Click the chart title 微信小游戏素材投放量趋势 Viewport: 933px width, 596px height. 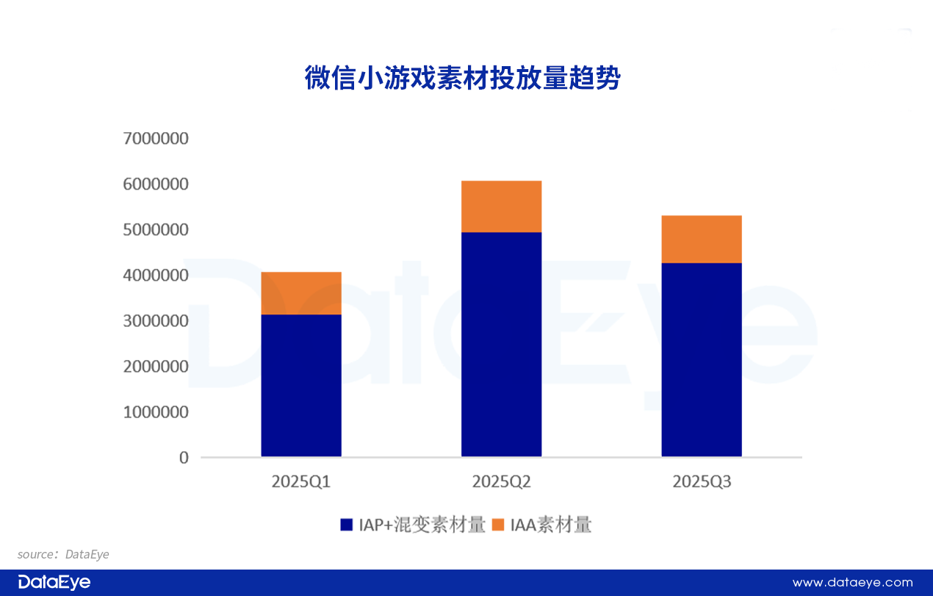coord(462,78)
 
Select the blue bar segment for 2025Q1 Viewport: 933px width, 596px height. coord(301,385)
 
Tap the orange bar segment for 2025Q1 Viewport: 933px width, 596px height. coord(301,293)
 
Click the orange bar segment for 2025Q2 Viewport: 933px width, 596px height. coord(501,207)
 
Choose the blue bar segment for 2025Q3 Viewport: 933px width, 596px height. coord(702,359)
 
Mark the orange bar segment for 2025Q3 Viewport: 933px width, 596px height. coord(702,239)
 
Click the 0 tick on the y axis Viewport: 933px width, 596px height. coord(184,458)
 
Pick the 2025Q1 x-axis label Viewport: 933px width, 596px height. coord(301,482)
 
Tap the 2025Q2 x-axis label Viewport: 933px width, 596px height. coord(501,482)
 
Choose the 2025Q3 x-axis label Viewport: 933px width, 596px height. coord(702,482)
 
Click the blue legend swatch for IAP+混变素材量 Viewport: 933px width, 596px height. coord(347,525)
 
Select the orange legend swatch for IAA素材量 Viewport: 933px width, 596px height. coord(498,525)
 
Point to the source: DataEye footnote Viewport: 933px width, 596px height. coord(63,554)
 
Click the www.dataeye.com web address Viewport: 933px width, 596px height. coord(852,583)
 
